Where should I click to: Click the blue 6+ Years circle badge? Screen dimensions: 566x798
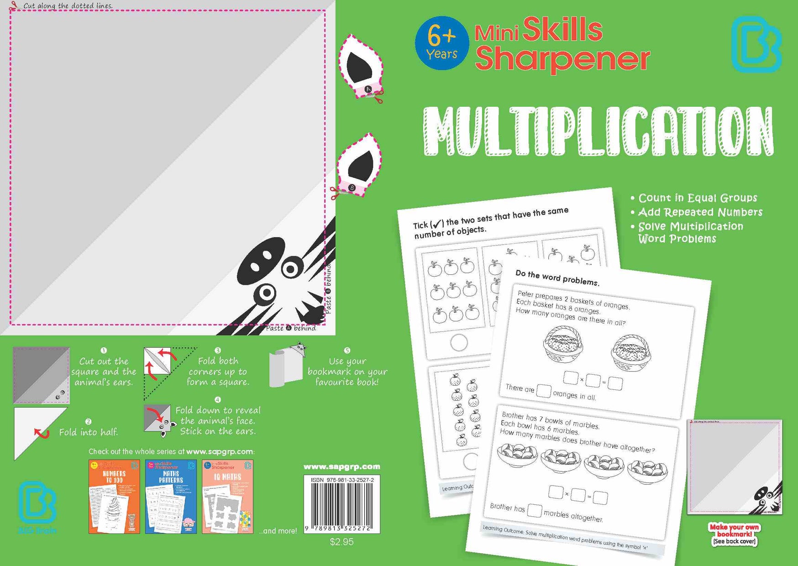pos(441,43)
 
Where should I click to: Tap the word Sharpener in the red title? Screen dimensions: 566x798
pos(562,59)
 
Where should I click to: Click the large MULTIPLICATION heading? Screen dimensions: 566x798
pos(598,132)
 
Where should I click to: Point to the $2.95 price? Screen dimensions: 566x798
pos(341,542)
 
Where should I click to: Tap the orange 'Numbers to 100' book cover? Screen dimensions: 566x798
pos(114,497)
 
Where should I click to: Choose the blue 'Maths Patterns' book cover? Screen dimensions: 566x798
pos(171,497)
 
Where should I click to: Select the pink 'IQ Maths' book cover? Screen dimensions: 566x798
pos(227,497)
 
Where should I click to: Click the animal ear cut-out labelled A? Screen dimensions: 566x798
pos(361,68)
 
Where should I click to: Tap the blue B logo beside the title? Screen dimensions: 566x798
pos(756,44)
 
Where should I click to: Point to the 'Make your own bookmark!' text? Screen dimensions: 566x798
pos(734,530)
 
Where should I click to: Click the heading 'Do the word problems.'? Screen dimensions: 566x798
pos(557,278)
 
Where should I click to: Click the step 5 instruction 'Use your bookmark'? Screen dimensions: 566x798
pos(347,372)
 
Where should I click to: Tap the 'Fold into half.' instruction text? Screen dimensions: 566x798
pos(89,432)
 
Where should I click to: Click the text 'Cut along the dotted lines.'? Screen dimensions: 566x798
pos(68,6)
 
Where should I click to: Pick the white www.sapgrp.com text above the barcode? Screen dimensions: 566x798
pos(341,466)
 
